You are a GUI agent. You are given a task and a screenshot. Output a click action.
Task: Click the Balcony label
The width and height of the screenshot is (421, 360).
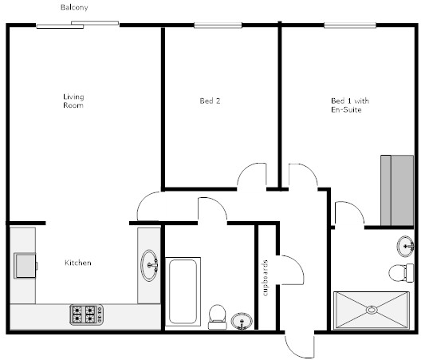[74, 7]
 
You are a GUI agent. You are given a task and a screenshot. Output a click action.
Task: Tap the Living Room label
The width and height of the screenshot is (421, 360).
[73, 101]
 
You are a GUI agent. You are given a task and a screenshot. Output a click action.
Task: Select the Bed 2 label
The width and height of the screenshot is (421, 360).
[210, 101]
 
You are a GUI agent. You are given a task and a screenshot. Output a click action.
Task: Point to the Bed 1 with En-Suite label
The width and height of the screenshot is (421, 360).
[350, 105]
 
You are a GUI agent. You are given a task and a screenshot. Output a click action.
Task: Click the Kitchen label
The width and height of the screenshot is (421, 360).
[78, 263]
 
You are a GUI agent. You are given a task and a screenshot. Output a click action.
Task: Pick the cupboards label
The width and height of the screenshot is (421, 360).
[266, 278]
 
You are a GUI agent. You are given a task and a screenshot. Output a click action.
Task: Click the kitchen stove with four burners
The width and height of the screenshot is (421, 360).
[86, 315]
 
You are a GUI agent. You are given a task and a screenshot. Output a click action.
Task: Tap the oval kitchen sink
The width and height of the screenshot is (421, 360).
[149, 266]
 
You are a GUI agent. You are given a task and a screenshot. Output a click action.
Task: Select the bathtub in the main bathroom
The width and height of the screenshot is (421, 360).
[183, 291]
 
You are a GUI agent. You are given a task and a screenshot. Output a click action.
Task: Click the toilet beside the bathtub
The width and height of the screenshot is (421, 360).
[218, 317]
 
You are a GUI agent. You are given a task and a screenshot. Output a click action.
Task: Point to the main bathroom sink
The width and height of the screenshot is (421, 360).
[242, 321]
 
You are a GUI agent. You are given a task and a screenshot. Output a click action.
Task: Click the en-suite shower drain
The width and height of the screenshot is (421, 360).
[372, 310]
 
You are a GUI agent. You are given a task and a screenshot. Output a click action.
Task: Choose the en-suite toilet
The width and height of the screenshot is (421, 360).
[401, 273]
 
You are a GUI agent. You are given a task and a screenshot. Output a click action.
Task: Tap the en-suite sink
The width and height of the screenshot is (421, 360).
[405, 247]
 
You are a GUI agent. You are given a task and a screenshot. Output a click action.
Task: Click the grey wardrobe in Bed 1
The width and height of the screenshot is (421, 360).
[397, 190]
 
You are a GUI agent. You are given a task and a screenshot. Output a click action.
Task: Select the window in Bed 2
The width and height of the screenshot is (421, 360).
[218, 26]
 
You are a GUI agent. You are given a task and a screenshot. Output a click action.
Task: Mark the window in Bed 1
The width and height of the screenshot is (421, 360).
[350, 26]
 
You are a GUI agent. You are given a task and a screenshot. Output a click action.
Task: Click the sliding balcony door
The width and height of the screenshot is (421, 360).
[77, 25]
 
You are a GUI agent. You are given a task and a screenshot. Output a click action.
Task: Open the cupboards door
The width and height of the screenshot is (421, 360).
[291, 269]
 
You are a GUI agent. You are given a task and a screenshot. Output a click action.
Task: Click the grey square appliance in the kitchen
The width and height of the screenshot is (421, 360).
[26, 266]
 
